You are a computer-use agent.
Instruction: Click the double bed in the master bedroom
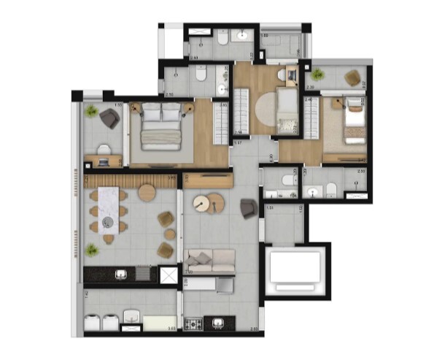tap(161, 127)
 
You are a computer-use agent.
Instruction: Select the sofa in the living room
tap(211, 259)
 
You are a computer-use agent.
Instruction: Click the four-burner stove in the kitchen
tap(195, 322)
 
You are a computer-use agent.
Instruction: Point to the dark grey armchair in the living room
tap(247, 208)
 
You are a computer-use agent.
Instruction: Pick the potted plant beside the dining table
tap(92, 250)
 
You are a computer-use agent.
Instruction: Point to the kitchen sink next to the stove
tap(218, 322)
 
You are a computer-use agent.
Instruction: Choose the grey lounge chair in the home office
tap(110, 118)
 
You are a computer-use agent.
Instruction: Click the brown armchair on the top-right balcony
tap(353, 77)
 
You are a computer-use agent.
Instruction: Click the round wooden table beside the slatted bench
tap(147, 192)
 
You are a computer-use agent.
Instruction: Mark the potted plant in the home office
tap(91, 111)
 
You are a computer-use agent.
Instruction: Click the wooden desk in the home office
tap(103, 160)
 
